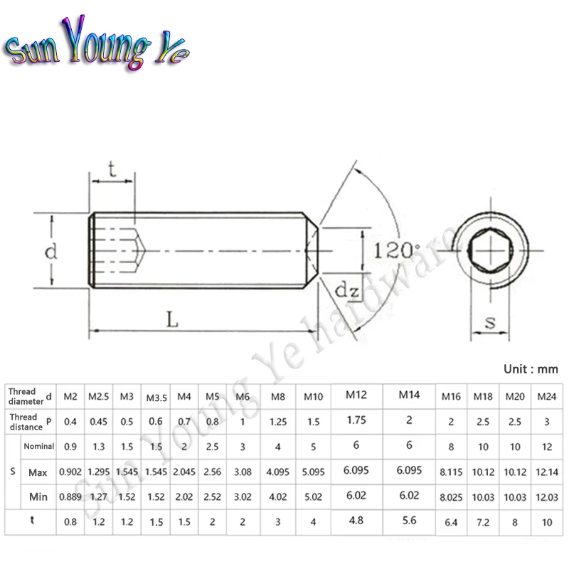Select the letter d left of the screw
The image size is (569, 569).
pos(50,250)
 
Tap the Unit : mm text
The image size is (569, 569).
pos(530,369)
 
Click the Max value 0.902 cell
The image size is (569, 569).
pos(72,472)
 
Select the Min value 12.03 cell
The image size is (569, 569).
pos(546,496)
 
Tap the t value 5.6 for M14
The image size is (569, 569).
pos(409,520)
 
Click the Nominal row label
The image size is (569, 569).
pos(39,446)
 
